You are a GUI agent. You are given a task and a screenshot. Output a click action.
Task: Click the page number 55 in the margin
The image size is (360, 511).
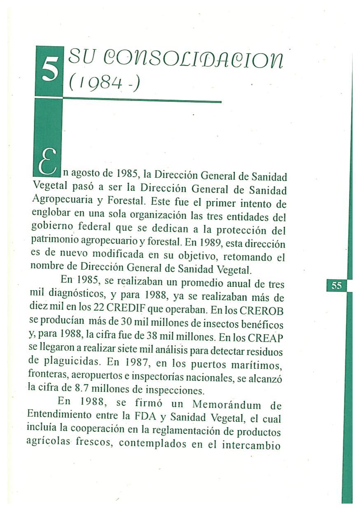pyautogui.click(x=337, y=285)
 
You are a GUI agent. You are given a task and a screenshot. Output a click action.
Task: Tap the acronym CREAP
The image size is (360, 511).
pyautogui.click(x=266, y=338)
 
